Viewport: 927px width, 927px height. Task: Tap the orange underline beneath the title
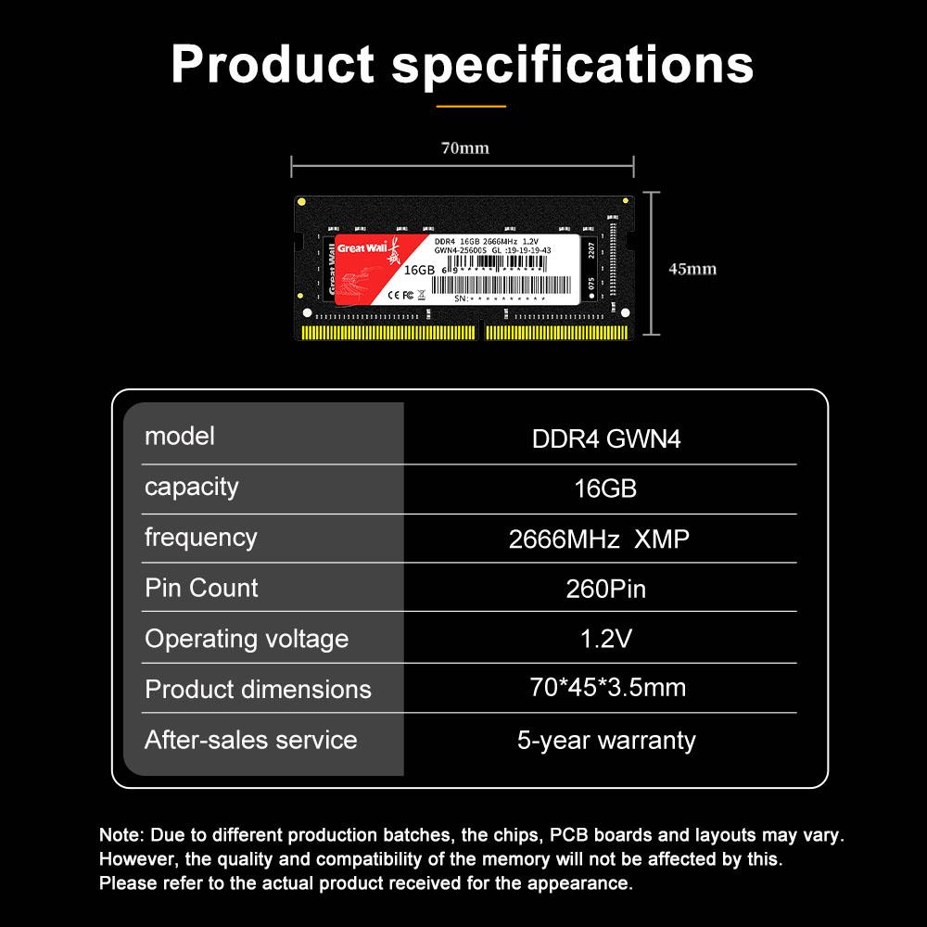click(471, 107)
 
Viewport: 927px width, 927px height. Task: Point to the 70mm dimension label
click(464, 148)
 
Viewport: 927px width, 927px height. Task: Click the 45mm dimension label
click(692, 269)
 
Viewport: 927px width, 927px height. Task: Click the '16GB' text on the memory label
click(420, 270)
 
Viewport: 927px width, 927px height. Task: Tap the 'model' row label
click(180, 436)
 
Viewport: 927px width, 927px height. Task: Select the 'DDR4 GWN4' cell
click(606, 438)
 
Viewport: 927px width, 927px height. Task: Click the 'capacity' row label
click(192, 487)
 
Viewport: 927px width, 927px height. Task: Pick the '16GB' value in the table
click(606, 489)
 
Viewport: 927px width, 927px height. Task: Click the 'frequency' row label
click(201, 537)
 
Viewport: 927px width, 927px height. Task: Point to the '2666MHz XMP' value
click(600, 539)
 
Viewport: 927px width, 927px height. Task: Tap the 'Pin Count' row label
click(202, 588)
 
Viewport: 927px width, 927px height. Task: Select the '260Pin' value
click(606, 589)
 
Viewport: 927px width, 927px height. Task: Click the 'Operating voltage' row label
click(247, 639)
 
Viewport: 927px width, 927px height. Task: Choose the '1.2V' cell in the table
click(606, 638)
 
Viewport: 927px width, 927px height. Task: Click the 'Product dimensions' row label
click(259, 690)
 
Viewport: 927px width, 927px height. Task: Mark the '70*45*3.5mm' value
click(607, 687)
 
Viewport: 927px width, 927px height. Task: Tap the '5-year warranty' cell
click(606, 740)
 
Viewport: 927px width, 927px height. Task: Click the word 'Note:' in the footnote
click(121, 835)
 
